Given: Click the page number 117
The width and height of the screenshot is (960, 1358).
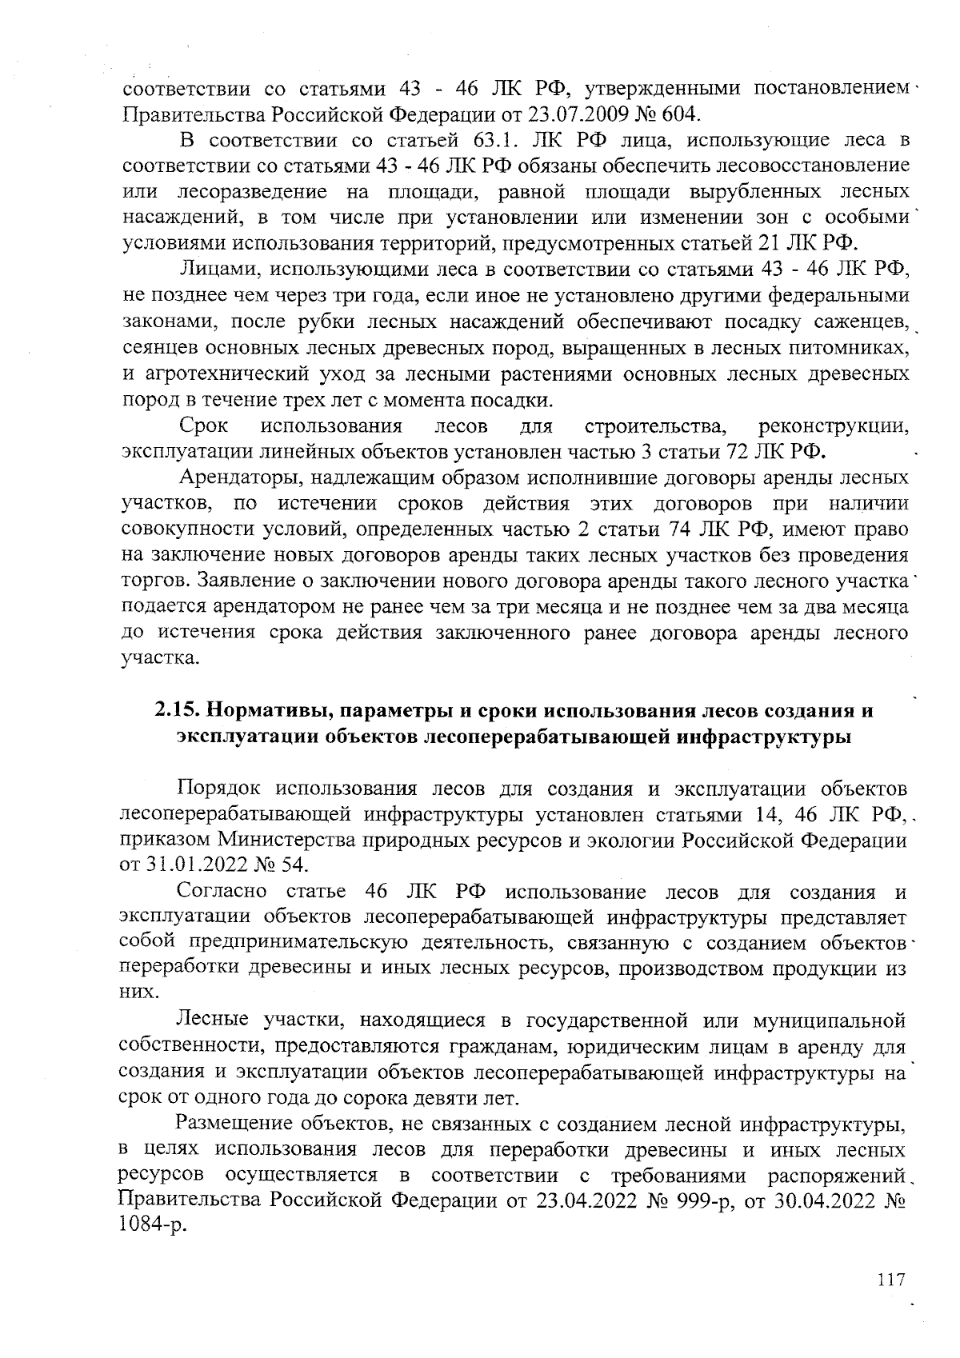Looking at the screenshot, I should click(x=890, y=1280).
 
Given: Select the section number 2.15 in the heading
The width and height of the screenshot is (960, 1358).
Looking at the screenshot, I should click(x=176, y=710).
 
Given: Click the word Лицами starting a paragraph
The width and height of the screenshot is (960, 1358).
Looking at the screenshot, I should click(x=218, y=270).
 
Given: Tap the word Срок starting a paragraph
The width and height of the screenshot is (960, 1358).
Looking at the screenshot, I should click(x=205, y=425).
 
